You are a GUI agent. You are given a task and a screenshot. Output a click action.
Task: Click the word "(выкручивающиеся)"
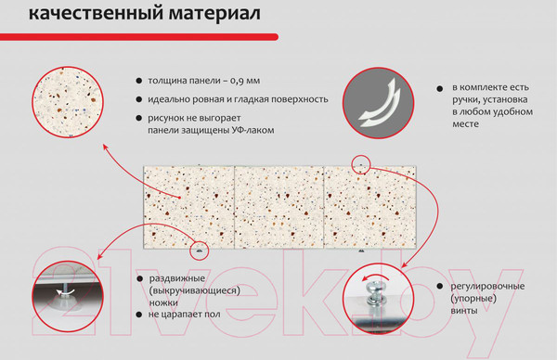point(193,290)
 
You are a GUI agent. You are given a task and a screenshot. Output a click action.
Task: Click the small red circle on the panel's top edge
point(361,165)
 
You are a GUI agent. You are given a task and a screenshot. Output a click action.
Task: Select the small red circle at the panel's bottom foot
point(198,250)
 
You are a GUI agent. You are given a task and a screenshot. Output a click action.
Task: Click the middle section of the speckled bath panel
point(278,204)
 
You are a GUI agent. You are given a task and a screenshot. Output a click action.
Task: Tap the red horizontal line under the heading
point(139,34)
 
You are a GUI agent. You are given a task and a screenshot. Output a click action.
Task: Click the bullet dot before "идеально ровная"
point(137,99)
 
